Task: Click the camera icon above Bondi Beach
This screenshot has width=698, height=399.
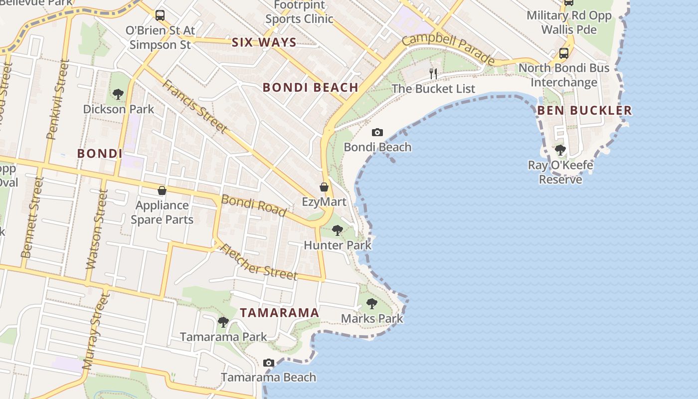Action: coord(377,132)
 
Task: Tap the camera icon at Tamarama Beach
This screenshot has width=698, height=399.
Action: coord(269,363)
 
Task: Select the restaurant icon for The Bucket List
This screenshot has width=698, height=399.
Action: coord(433,74)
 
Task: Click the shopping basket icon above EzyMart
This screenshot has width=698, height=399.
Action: coord(324,187)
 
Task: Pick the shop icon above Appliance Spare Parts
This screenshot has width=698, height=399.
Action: coord(162,191)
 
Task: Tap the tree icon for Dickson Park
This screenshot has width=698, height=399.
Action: coord(118,94)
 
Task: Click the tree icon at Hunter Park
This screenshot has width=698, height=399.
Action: coord(338,230)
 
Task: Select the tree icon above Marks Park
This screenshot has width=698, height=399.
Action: coord(371,303)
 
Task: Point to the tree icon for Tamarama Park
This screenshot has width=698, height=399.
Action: coord(223,322)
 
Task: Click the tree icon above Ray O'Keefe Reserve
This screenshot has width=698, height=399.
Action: coord(560,150)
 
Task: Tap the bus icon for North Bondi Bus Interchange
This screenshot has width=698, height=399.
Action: coord(564,53)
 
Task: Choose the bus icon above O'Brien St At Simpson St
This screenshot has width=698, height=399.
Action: coord(160,15)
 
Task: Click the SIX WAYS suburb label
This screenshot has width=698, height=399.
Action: coord(264,42)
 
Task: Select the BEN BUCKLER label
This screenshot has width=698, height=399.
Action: coord(584,110)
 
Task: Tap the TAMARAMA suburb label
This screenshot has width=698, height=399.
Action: coord(279,313)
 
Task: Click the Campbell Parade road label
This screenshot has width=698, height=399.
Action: coord(449,49)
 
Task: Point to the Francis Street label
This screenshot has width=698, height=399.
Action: coord(195,106)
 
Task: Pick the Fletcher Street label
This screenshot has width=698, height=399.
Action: coord(258,262)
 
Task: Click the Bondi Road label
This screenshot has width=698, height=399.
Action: coord(254,205)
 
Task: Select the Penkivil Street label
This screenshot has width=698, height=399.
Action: coord(58,100)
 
